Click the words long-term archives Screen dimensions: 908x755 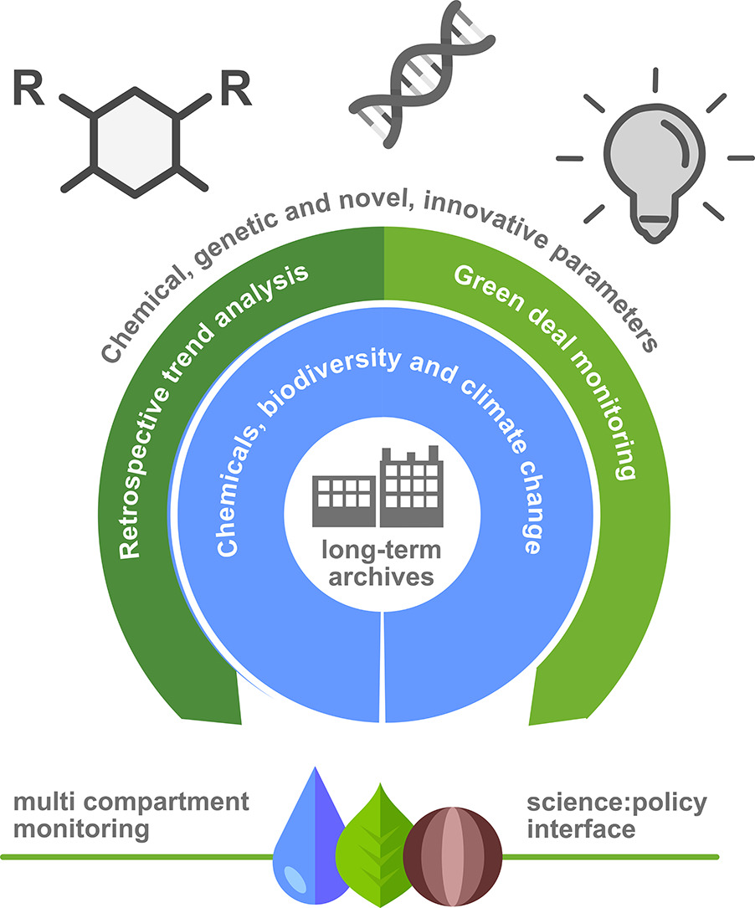click(380, 565)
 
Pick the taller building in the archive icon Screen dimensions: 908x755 click(410, 486)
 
